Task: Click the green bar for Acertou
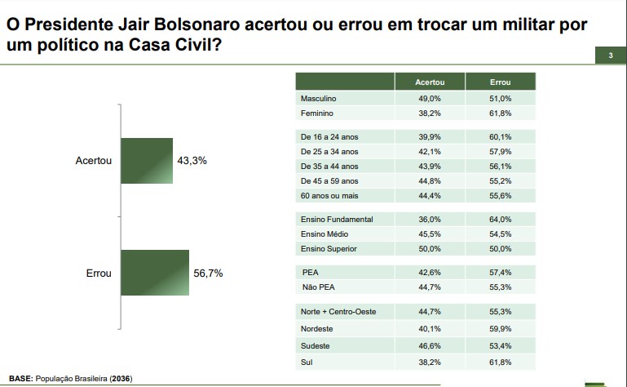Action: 147,161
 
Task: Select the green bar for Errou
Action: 154,274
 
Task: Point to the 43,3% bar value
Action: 192,161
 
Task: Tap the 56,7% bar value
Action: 208,274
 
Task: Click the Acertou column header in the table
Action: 430,83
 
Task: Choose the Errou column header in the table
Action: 500,83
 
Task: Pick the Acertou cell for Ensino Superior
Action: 430,248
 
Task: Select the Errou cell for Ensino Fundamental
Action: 500,219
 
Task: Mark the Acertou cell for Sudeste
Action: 430,346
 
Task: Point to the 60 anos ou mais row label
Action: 329,196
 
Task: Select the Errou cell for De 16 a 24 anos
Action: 500,136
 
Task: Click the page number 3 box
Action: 610,56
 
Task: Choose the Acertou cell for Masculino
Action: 430,99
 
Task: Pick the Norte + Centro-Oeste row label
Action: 338,312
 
